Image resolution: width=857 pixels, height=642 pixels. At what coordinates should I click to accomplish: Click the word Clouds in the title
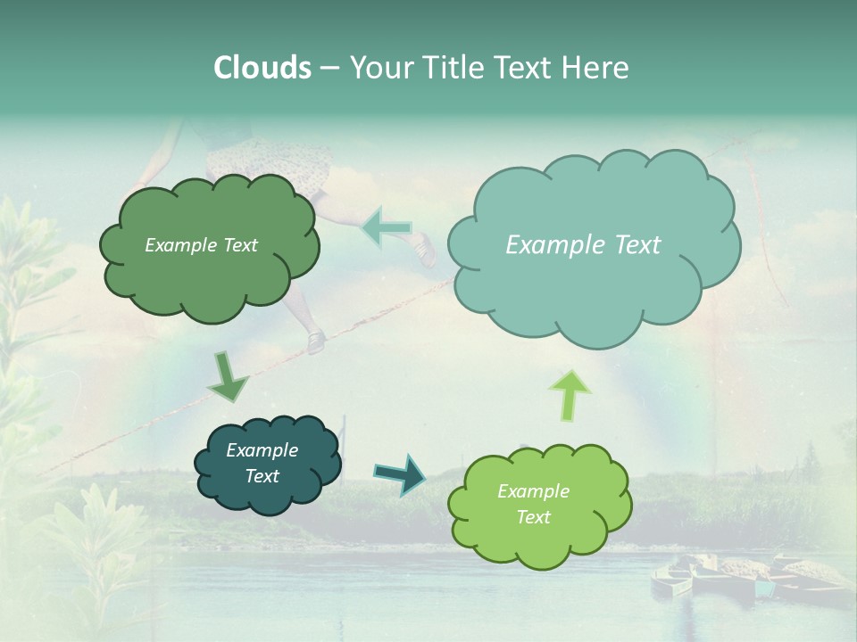[262, 68]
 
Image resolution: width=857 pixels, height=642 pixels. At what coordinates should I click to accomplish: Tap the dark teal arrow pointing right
[400, 473]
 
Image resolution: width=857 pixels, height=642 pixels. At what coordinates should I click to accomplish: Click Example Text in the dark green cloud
[201, 245]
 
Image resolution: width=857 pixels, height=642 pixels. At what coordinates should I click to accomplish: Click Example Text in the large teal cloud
[583, 245]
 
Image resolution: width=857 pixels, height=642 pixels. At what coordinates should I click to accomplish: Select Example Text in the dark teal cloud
[262, 463]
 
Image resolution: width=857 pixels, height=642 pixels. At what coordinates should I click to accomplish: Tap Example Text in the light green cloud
[533, 504]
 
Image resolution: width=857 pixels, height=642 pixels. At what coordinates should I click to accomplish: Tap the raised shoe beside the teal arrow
[425, 251]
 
